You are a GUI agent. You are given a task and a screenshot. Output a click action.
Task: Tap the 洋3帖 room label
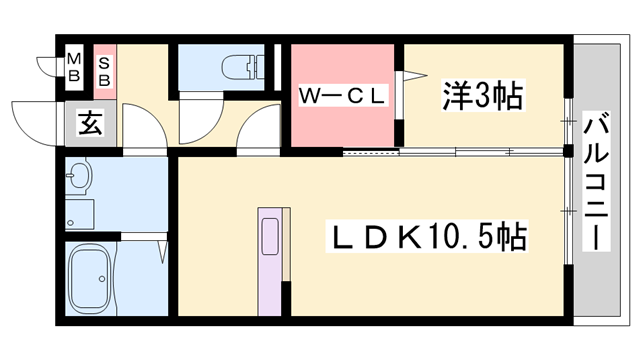pos(483,97)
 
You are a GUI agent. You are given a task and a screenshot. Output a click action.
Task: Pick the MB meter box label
pos(74,66)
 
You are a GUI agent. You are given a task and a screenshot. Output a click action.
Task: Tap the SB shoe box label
pos(104,67)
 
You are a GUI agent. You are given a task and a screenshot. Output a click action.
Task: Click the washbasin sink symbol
pos(80,180)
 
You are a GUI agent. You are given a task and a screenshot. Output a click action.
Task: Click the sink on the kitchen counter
pos(270,238)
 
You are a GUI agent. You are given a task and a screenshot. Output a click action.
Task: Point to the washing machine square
pos(78,213)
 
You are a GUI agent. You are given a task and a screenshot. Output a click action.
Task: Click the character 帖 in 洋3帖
pos(509,97)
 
